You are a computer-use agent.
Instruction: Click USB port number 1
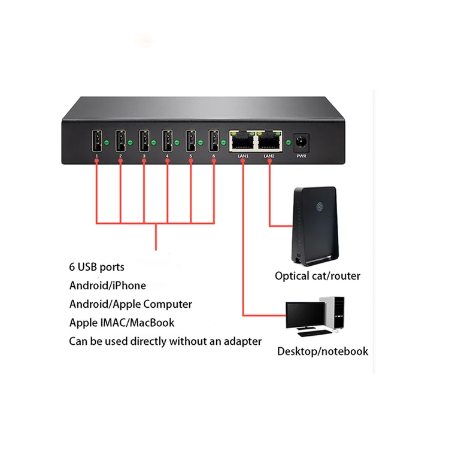(97, 141)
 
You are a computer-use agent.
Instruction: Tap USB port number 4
(167, 141)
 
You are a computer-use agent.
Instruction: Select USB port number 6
(214, 141)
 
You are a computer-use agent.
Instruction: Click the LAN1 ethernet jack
(242, 141)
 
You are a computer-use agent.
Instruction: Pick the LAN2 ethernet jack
(269, 141)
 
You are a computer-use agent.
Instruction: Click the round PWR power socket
(301, 142)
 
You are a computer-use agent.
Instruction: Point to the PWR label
(301, 156)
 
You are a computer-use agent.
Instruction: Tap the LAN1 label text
(243, 156)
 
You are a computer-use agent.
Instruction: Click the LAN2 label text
(269, 156)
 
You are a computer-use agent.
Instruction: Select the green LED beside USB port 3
(154, 142)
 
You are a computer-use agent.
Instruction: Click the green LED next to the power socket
(289, 142)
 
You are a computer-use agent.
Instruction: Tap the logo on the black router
(320, 207)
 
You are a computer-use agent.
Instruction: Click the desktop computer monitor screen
(305, 314)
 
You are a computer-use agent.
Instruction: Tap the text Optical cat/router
(317, 276)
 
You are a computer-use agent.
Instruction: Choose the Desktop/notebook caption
(323, 351)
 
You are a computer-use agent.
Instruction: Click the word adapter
(242, 341)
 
